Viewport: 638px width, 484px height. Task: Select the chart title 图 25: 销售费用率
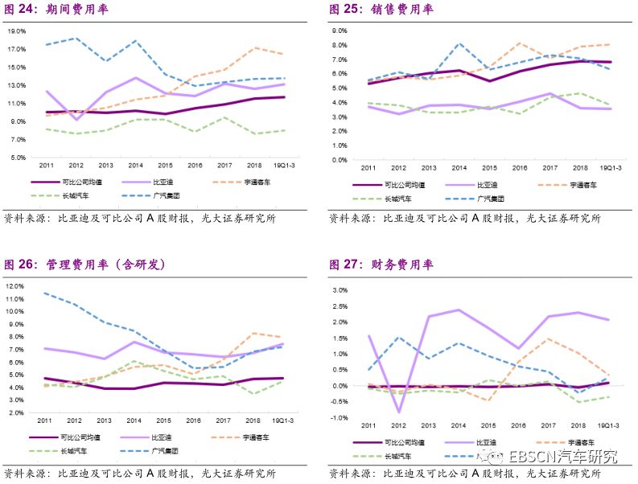pyautogui.click(x=381, y=10)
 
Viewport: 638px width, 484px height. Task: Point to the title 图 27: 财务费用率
pyautogui.click(x=381, y=264)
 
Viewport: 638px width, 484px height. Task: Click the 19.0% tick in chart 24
pyautogui.click(x=17, y=31)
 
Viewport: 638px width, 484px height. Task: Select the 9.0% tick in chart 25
pyautogui.click(x=339, y=31)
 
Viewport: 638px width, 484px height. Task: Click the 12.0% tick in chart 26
pyautogui.click(x=15, y=286)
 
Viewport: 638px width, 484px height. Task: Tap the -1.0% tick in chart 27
pyautogui.click(x=338, y=418)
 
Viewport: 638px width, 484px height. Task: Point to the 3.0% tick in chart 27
pyautogui.click(x=339, y=290)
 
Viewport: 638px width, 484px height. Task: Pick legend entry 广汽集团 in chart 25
pyautogui.click(x=489, y=197)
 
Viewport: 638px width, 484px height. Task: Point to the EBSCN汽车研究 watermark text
pyautogui.click(x=562, y=457)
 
